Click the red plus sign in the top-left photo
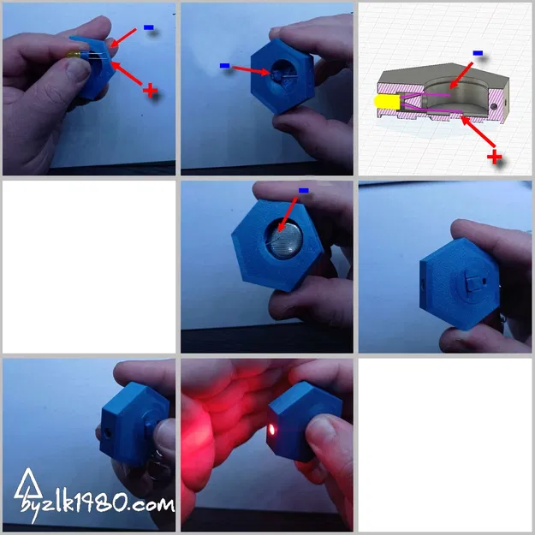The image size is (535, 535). [x=152, y=90]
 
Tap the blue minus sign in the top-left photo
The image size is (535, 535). [x=149, y=27]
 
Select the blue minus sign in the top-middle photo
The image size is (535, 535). [x=224, y=65]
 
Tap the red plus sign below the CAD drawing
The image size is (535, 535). [x=494, y=156]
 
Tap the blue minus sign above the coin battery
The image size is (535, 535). [x=303, y=190]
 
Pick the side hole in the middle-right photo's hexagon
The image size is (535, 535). [x=421, y=280]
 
